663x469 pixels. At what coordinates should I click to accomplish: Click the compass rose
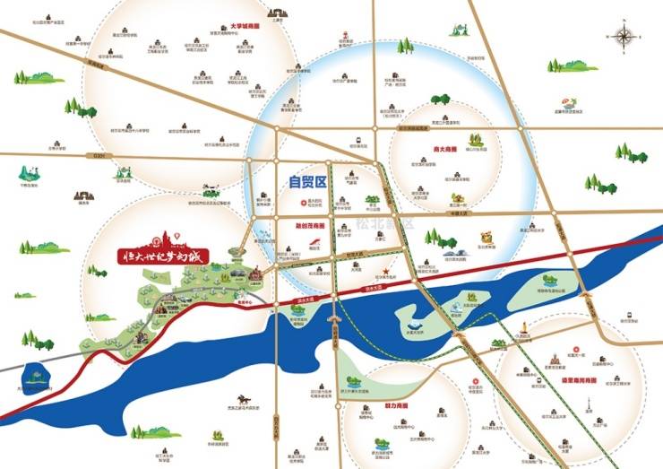coord(624,37)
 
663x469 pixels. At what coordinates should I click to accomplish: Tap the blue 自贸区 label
coord(306,182)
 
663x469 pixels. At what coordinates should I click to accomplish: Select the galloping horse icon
coord(244,398)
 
